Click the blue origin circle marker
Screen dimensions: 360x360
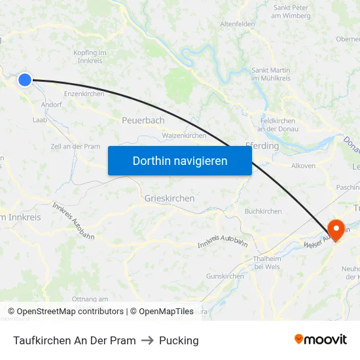pos(25,80)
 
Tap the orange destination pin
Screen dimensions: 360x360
pos(336,229)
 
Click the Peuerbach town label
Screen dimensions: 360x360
pos(143,120)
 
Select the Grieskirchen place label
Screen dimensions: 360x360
pos(170,198)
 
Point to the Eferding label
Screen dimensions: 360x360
pos(262,146)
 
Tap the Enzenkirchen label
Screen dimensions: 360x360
pos(84,94)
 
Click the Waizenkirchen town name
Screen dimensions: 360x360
pos(184,135)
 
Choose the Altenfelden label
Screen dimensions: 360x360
pos(238,24)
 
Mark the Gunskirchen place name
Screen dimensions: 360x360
pos(225,276)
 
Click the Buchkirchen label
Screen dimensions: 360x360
pos(263,211)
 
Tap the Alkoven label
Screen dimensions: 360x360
pos(303,166)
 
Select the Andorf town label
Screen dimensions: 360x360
pos(51,104)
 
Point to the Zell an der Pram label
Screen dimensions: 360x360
pos(75,147)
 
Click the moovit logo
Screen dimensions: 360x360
pos(321,339)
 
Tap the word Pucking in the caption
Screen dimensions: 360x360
pos(179,340)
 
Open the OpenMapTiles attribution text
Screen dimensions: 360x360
pos(162,312)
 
